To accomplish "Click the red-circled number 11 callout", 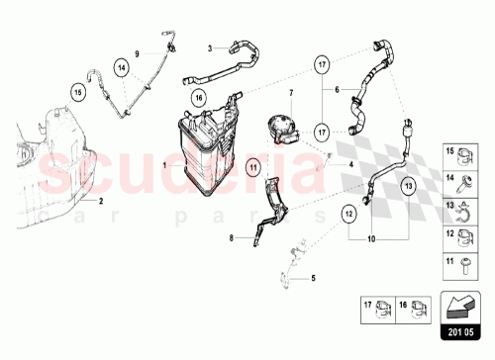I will [x=252, y=168].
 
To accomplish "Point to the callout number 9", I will [x=136, y=51].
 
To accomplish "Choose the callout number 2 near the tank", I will [x=100, y=200].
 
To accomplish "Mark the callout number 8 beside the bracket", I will [x=231, y=238].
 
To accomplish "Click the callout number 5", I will [x=315, y=279].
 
